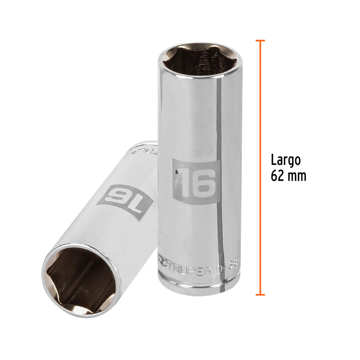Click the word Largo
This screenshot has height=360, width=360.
[286, 160]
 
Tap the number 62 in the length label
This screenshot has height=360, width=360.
[278, 176]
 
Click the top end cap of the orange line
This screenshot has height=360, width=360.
[260, 41]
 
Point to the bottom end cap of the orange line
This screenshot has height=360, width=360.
[260, 294]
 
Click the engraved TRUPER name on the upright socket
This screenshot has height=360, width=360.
[188, 269]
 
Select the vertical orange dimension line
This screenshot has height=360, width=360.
[260, 167]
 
